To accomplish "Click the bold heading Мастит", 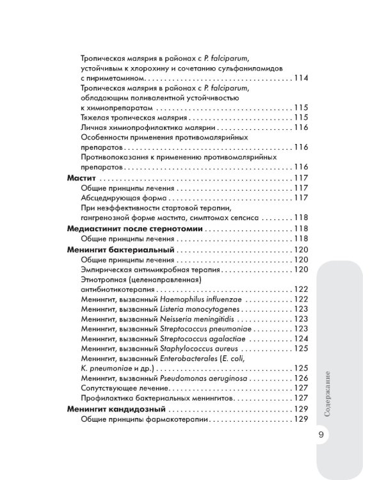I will [81, 177].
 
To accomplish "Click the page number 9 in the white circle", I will [321, 435].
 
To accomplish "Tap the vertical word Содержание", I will [327, 392].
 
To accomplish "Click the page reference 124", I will [300, 338].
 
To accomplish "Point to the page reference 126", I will [300, 378].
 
